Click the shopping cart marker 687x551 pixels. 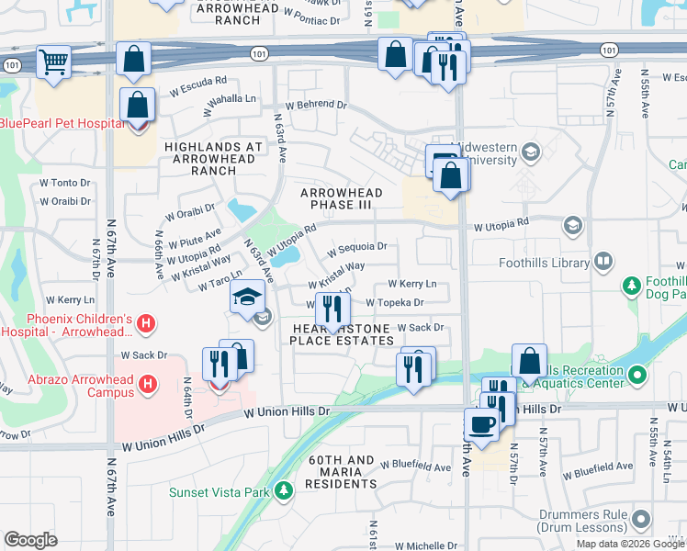[53, 63]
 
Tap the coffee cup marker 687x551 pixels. [482, 424]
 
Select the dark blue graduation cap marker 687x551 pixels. [248, 297]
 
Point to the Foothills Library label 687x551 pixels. [543, 263]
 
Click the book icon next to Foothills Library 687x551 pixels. [603, 263]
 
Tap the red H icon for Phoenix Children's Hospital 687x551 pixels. [146, 323]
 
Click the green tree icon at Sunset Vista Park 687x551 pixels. [285, 492]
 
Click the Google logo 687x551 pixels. [30, 539]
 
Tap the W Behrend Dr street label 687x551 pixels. [316, 106]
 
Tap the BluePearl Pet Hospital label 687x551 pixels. [62, 124]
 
